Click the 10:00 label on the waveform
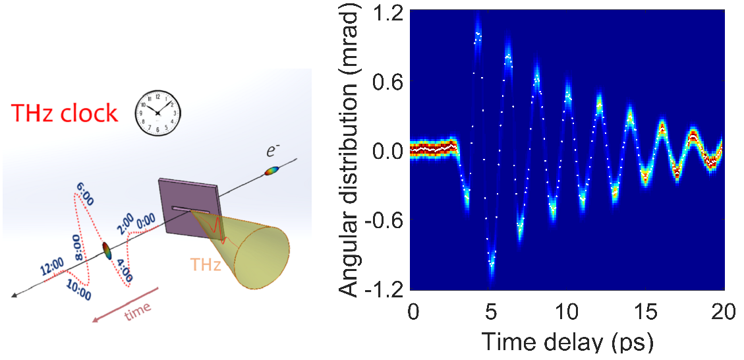pos(78,288)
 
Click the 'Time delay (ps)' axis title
pos(568,342)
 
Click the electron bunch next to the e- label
pos(272,171)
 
